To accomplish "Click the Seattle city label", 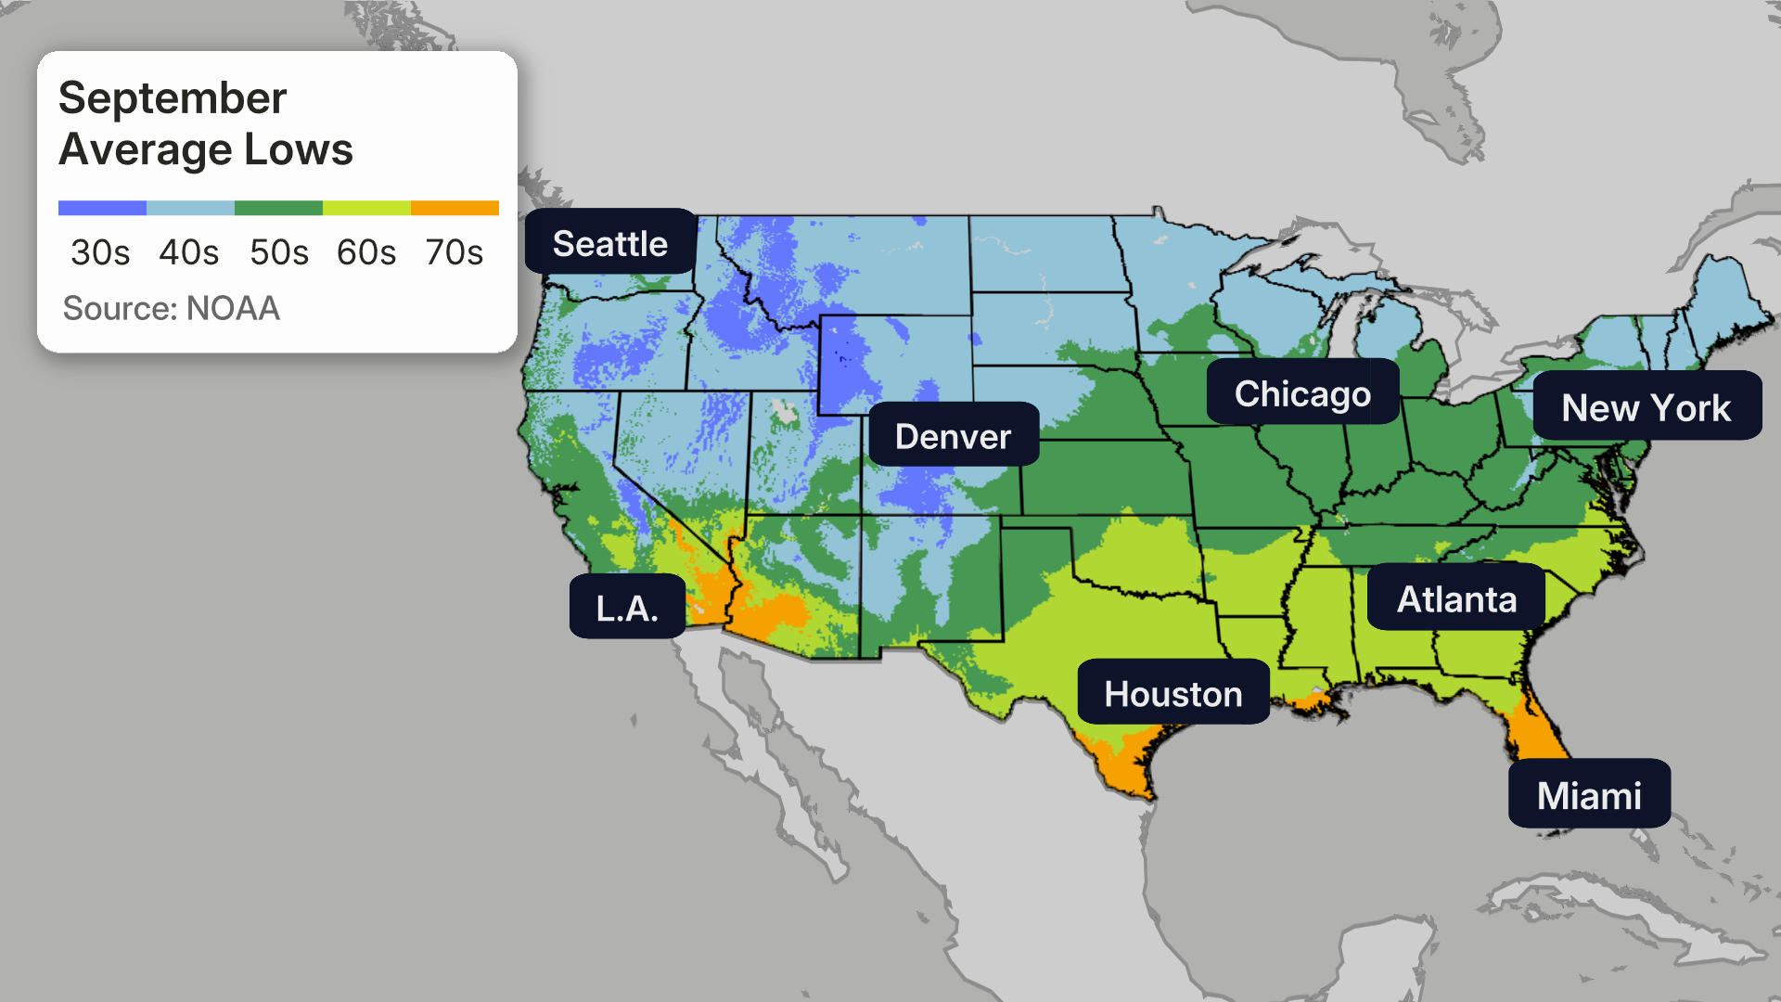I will tap(610, 243).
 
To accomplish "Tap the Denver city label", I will tap(953, 436).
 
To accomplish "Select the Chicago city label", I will tap(1302, 393).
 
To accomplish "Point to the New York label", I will tap(1646, 407).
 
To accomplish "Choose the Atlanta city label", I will tap(1456, 599).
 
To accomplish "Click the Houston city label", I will tap(1172, 694).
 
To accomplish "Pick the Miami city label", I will tap(1589, 795).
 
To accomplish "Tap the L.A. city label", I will tap(627, 608).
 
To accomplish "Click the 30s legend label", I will tap(100, 252).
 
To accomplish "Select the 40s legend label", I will tap(189, 252).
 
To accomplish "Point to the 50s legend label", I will tap(278, 252).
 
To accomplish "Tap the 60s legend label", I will tap(366, 252).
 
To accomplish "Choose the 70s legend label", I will tap(455, 252).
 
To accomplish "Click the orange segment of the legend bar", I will tap(455, 208).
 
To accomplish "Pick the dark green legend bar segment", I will tap(278, 208).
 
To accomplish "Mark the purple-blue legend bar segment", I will tap(102, 208).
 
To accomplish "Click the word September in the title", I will tap(173, 98).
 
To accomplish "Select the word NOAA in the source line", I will tap(233, 308).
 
